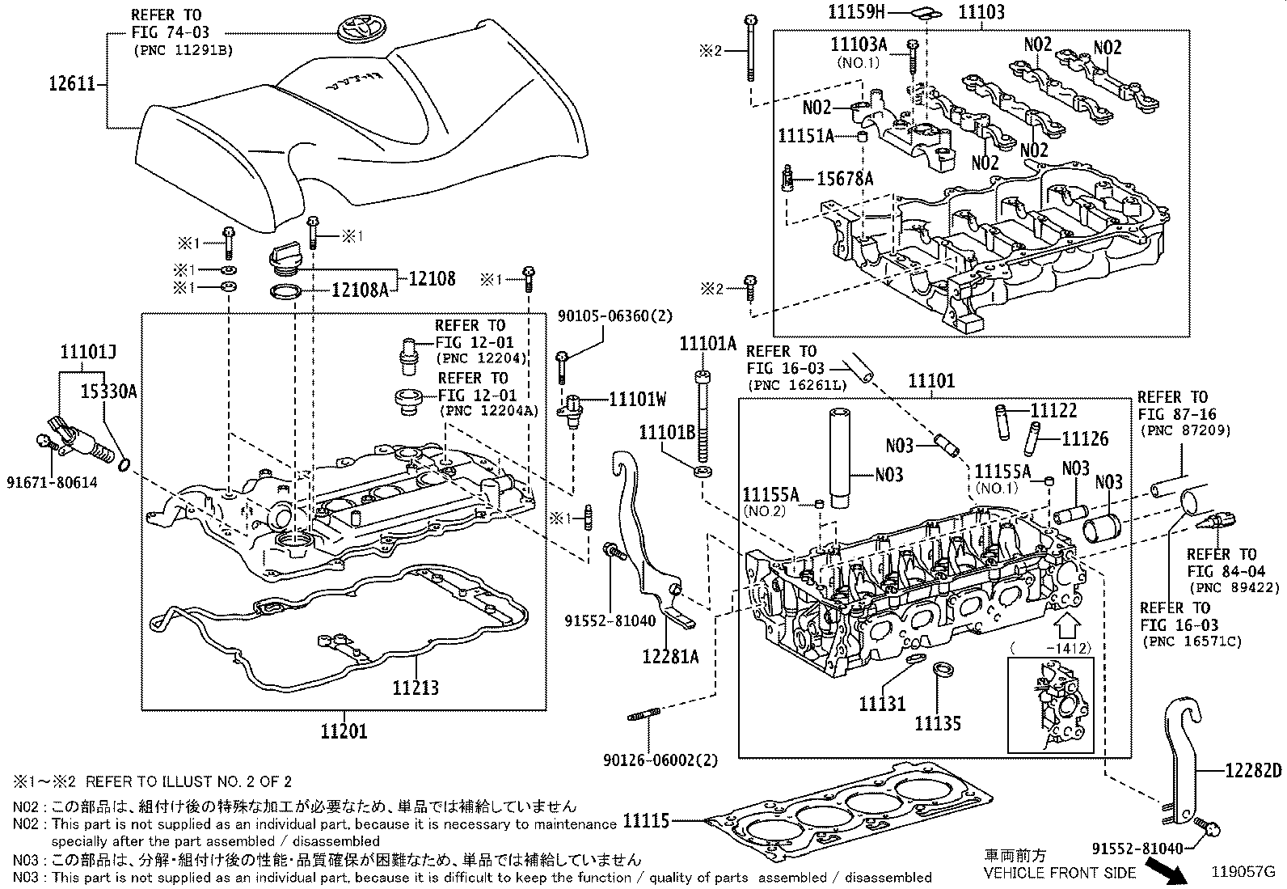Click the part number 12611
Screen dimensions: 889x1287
[x=72, y=83]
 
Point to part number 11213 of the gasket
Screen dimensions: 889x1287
[x=416, y=688]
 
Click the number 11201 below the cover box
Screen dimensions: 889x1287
[x=344, y=732]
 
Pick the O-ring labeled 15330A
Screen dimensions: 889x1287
[x=124, y=464]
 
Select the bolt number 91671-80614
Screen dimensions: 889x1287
[x=55, y=483]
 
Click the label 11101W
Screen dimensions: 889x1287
[x=638, y=399]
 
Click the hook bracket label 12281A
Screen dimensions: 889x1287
[x=671, y=656]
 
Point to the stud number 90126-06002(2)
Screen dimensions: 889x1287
[x=660, y=760]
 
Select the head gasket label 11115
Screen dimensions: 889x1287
[x=646, y=821]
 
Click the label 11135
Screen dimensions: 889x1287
[x=938, y=723]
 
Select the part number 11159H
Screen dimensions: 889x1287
[x=858, y=11]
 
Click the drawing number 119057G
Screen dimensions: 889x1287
[x=1242, y=872]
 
